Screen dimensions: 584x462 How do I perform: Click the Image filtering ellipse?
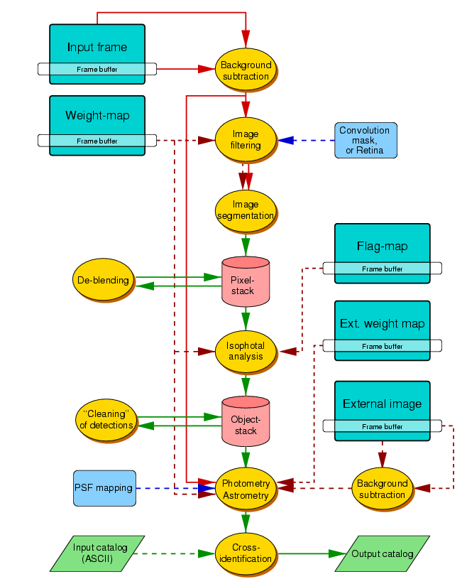245,139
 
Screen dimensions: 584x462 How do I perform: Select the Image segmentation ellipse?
245,210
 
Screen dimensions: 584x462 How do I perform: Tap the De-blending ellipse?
104,280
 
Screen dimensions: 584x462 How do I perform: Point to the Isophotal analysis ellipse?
246,351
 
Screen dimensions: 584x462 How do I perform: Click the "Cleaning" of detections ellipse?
106,419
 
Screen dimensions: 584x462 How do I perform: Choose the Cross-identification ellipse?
246,553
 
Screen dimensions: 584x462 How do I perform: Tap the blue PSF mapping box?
104,488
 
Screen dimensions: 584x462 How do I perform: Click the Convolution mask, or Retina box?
365,141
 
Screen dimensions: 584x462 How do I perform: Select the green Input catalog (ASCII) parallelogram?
97,553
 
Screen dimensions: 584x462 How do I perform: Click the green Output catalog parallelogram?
382,553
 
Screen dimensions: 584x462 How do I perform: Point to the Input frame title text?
97,48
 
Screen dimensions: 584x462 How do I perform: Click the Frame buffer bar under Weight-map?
97,141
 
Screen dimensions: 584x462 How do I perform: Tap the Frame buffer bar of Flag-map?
382,269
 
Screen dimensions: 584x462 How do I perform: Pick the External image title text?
382,404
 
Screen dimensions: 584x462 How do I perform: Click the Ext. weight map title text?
382,324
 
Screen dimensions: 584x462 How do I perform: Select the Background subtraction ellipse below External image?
382,489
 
